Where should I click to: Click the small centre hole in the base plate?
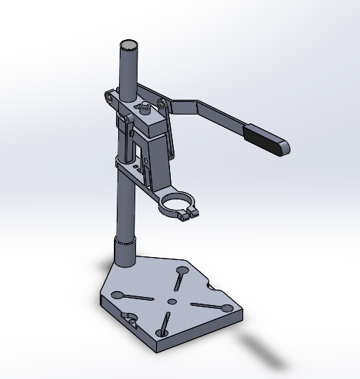pos(172,301)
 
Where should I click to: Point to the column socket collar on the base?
pos(124,252)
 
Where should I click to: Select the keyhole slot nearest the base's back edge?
pos(180,279)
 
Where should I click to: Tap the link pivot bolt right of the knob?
pos(160,107)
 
